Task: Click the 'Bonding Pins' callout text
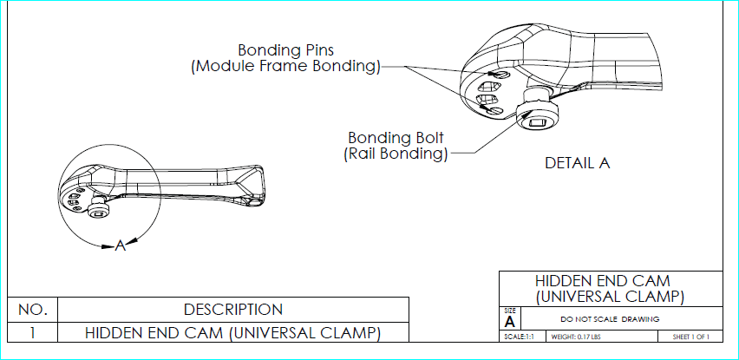click(285, 50)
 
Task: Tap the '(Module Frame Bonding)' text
click(285, 66)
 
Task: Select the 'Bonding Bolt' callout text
click(396, 138)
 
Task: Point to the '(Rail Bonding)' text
click(396, 154)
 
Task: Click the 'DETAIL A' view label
click(578, 163)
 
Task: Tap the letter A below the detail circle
click(121, 245)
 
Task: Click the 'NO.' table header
click(32, 310)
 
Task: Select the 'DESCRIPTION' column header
click(233, 310)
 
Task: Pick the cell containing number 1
click(32, 332)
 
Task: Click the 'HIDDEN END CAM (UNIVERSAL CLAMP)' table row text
click(232, 332)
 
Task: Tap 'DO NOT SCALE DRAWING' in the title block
click(610, 319)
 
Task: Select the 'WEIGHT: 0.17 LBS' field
click(575, 337)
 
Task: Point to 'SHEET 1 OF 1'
click(691, 337)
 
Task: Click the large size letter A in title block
click(509, 323)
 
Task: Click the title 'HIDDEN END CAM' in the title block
click(602, 281)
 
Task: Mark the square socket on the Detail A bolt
click(538, 124)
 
